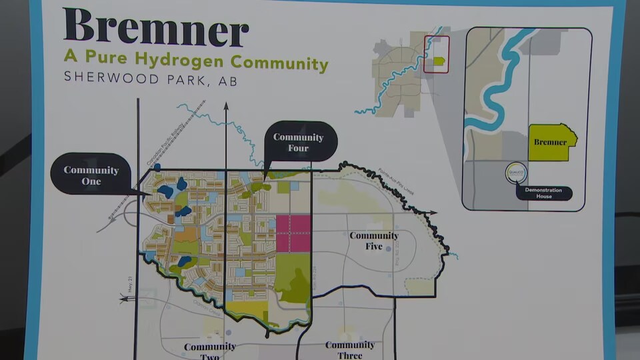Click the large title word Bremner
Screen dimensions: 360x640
pyautogui.click(x=156, y=28)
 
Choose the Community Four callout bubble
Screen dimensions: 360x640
pyautogui.click(x=298, y=142)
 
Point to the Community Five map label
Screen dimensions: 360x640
pyautogui.click(x=374, y=241)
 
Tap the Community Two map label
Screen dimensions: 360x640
pyautogui.click(x=209, y=351)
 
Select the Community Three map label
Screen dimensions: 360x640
pyautogui.click(x=350, y=349)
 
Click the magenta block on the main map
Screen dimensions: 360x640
pyautogui.click(x=293, y=233)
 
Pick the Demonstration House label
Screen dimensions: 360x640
pyautogui.click(x=544, y=193)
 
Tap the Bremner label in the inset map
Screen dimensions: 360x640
pyautogui.click(x=550, y=142)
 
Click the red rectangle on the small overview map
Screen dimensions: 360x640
pyautogui.click(x=437, y=54)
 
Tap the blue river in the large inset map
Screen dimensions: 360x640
pyautogui.click(x=493, y=93)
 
